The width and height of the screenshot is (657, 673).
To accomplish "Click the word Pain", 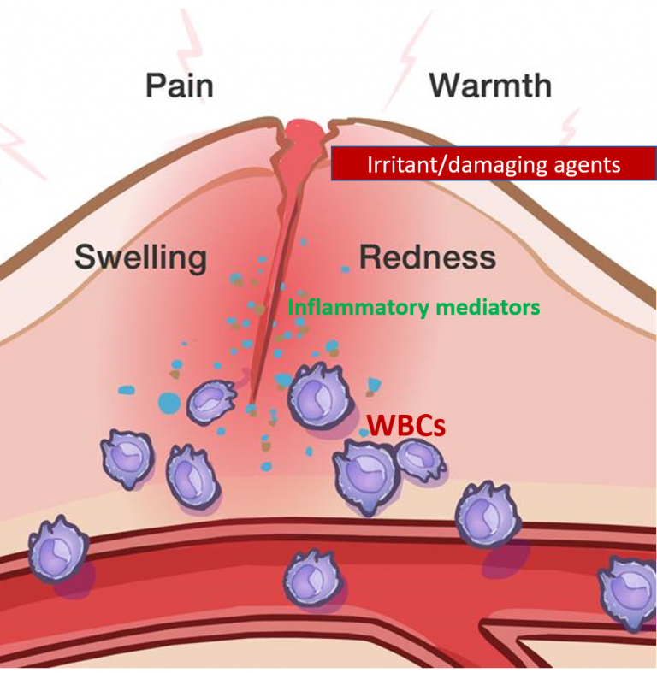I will point(179,86).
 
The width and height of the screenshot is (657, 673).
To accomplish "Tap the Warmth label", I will point(489,86).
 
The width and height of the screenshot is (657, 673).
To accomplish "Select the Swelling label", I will point(140,257).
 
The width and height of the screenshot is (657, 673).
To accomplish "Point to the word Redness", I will point(427,257).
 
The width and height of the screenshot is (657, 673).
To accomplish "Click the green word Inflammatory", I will point(358,306).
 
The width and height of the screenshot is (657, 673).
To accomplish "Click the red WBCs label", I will point(405,424).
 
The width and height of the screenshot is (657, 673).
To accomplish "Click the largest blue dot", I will point(169,400).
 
